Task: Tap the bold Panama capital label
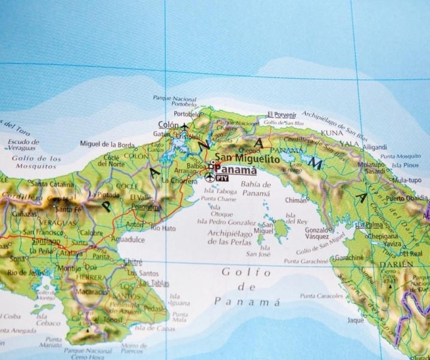[x=231, y=169]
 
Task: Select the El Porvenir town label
[x=282, y=114]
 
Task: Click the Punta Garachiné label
[x=306, y=261]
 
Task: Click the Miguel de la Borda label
[x=107, y=144]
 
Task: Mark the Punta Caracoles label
[x=321, y=296]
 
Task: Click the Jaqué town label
[x=356, y=320]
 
